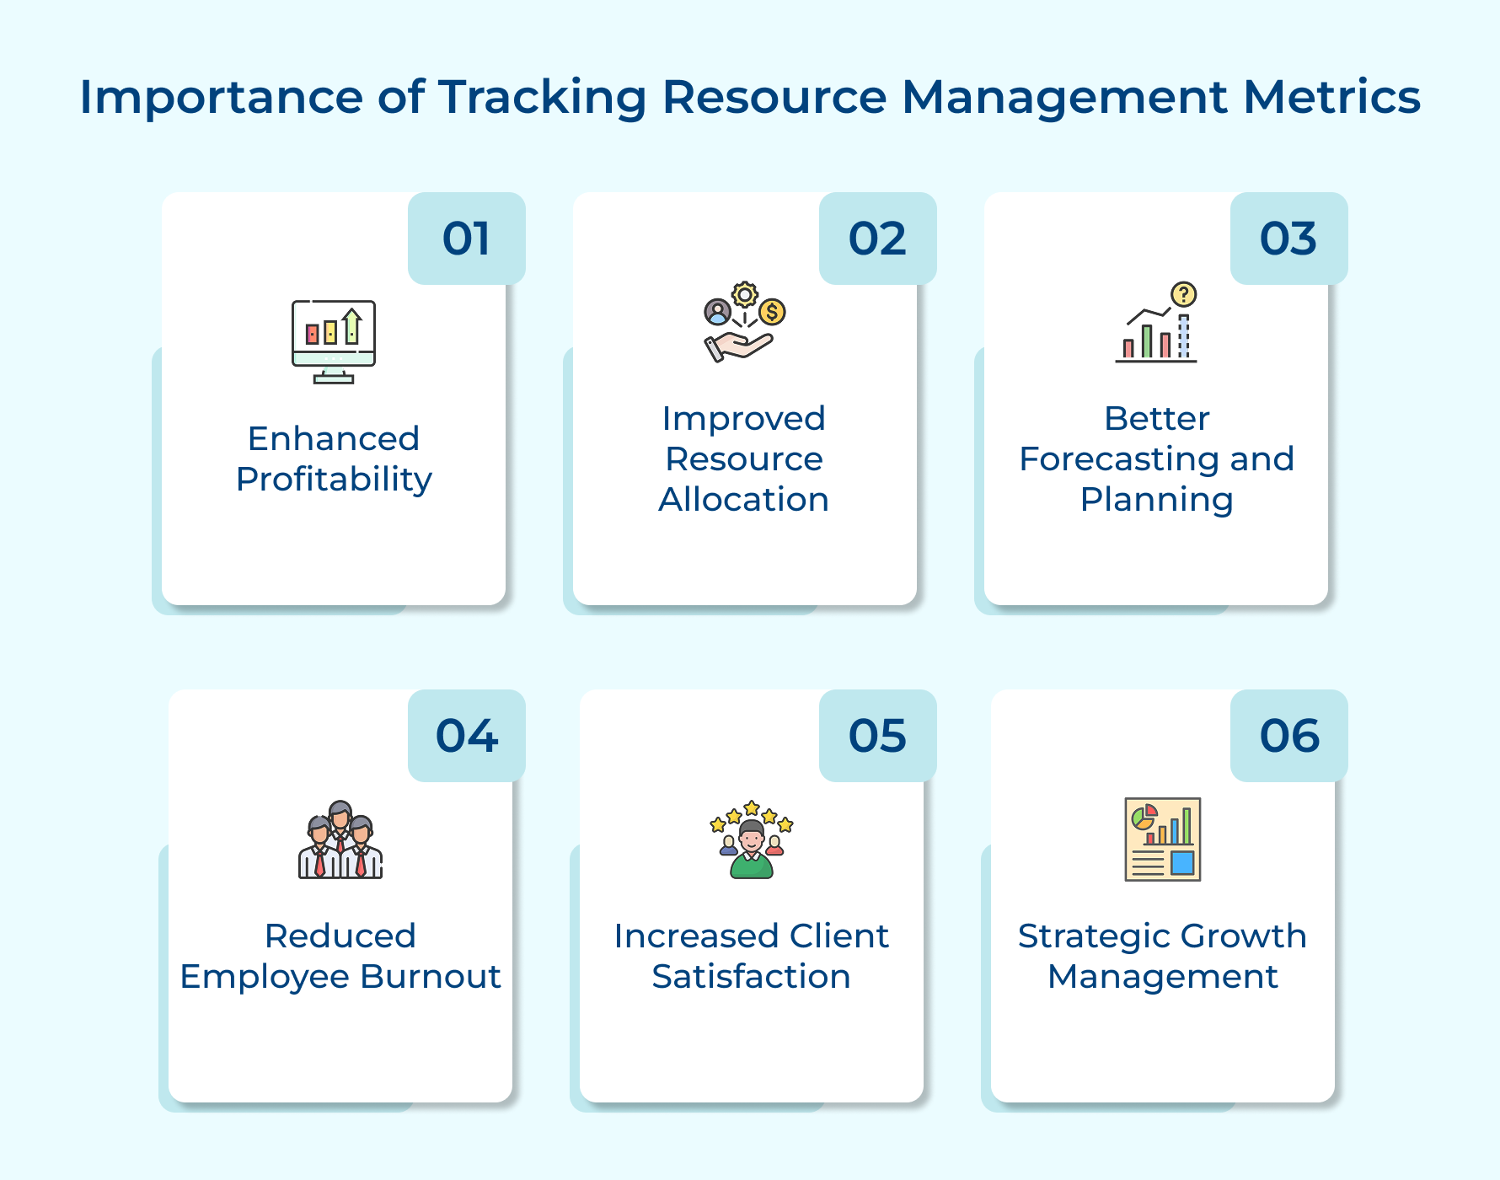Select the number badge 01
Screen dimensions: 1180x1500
tap(466, 239)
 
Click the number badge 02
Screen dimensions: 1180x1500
tap(877, 239)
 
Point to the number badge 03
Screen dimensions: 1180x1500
tap(1288, 239)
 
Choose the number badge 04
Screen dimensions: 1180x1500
tap(466, 736)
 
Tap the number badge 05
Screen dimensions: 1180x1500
tap(877, 736)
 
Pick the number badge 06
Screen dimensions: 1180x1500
tap(1288, 736)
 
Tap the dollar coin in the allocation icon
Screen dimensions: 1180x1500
tap(772, 312)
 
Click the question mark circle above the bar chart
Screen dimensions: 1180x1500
tap(1184, 294)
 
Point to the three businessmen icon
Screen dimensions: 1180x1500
tap(340, 840)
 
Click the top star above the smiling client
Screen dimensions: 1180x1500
tap(752, 807)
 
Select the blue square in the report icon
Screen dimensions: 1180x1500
tap(1182, 862)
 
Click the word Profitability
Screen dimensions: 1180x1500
tap(334, 480)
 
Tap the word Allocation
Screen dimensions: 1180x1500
tap(743, 500)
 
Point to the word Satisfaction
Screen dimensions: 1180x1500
tap(751, 977)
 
